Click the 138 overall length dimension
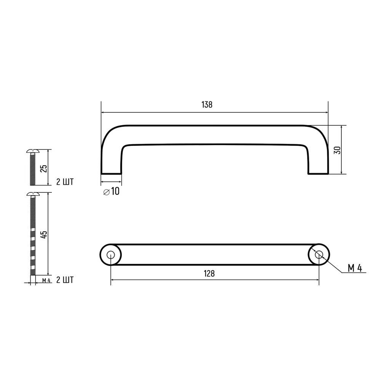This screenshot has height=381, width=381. (207, 105)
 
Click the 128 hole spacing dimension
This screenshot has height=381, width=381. (209, 273)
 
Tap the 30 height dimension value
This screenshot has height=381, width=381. (336, 150)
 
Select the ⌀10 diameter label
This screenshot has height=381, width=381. (111, 192)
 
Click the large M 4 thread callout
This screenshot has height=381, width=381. (355, 268)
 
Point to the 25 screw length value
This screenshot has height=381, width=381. (44, 168)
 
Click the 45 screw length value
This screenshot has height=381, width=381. (44, 234)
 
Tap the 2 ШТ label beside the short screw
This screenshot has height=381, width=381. (65, 182)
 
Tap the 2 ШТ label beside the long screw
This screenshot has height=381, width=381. (65, 280)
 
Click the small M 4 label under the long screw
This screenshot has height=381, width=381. (46, 280)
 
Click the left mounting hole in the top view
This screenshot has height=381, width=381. (111, 255)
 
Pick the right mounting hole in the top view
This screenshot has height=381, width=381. (319, 255)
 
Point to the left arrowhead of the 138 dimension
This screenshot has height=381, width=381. (103, 112)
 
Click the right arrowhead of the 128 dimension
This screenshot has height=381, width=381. (317, 280)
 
